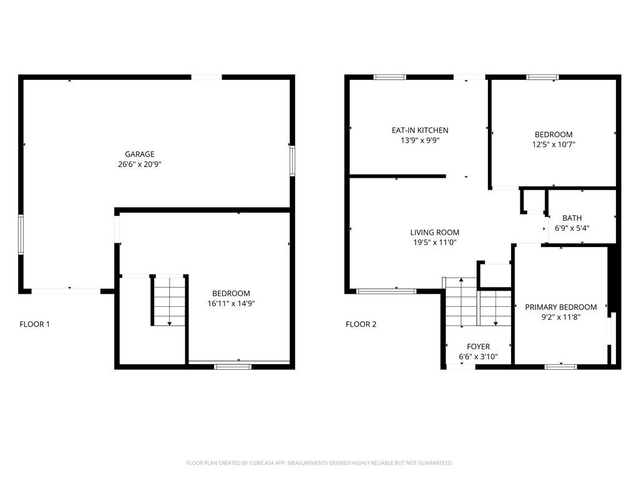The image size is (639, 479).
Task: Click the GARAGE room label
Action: [139, 154]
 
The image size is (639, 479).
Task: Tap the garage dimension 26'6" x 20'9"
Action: [140, 164]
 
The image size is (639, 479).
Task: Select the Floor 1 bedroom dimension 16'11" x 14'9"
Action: [231, 303]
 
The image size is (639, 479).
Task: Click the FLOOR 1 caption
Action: [35, 324]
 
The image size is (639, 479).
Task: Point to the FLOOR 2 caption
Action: [361, 324]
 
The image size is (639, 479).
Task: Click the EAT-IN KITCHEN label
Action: [420, 130]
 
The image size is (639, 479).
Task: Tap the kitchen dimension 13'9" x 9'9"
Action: [420, 140]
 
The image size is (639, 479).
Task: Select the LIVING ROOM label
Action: [435, 232]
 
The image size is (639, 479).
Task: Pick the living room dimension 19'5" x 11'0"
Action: [435, 243]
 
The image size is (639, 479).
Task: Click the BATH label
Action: [572, 218]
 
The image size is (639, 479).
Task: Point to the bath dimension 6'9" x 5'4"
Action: [572, 228]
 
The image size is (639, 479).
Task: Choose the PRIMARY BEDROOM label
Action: [561, 307]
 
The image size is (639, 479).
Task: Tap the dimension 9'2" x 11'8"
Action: [561, 317]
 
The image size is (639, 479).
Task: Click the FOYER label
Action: [478, 347]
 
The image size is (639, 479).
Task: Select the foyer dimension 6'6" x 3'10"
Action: [478, 357]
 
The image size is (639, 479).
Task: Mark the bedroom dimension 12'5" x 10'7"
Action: [554, 144]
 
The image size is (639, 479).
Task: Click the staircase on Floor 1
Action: [170, 301]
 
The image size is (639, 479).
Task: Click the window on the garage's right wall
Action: [292, 161]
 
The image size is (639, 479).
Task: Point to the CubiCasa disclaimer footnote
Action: [319, 463]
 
